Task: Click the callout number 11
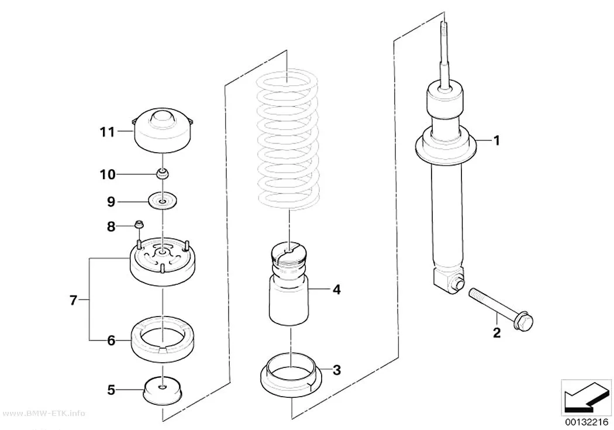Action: pyautogui.click(x=107, y=132)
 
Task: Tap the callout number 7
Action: pyautogui.click(x=73, y=300)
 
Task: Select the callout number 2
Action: pyautogui.click(x=496, y=333)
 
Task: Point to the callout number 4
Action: pyautogui.click(x=336, y=290)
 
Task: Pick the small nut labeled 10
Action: pyautogui.click(x=163, y=174)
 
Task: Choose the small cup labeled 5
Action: pyautogui.click(x=163, y=390)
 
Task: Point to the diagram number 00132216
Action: pyautogui.click(x=586, y=422)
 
